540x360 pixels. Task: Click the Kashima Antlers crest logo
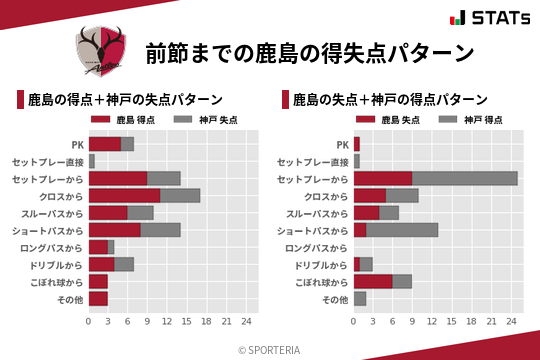(x=100, y=50)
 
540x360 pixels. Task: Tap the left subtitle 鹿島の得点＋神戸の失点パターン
(x=124, y=100)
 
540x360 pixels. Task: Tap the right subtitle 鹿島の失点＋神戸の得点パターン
(x=389, y=100)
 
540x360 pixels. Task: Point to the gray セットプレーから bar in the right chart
(x=464, y=178)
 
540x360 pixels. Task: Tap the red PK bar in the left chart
(x=104, y=144)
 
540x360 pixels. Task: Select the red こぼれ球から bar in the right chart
(x=372, y=281)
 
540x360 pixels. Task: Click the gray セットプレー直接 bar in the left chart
(x=92, y=161)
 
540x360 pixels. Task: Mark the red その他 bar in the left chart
(x=97, y=298)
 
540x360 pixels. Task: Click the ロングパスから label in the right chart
(x=314, y=247)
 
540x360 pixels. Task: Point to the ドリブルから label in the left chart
(x=55, y=264)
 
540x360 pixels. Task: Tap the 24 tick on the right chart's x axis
(x=512, y=321)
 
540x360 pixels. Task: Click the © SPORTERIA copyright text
(x=269, y=350)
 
